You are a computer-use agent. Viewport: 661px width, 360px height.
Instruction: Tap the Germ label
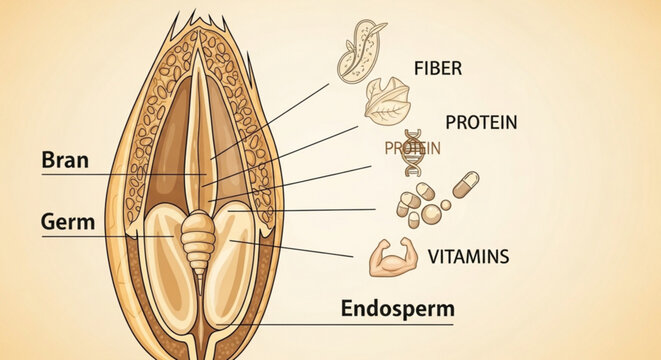click(x=68, y=221)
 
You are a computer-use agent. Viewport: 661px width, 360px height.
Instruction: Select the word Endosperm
click(x=397, y=307)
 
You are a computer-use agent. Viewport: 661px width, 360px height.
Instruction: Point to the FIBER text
click(x=438, y=69)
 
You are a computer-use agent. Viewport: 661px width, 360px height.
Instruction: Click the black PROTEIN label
click(x=480, y=122)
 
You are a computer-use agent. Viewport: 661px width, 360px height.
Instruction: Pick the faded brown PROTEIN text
click(x=413, y=147)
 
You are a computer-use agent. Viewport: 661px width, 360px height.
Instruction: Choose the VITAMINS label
click(x=468, y=256)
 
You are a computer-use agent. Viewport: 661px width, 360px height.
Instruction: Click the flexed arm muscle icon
click(x=390, y=258)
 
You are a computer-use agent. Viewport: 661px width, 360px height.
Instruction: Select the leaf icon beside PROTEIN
click(x=386, y=101)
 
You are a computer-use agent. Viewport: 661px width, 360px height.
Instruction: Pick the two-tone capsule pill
click(x=466, y=184)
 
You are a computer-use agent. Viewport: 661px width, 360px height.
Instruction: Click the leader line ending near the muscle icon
click(x=300, y=248)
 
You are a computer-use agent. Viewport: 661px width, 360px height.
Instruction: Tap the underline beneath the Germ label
click(x=100, y=236)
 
